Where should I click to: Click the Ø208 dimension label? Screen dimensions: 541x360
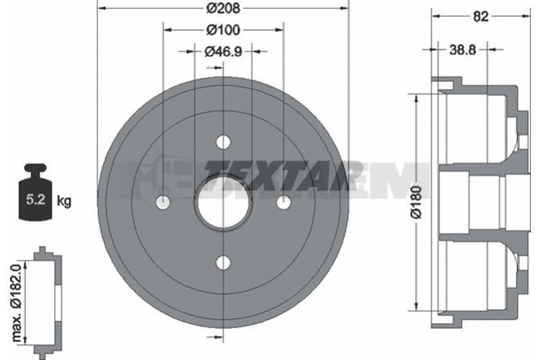click(223, 7)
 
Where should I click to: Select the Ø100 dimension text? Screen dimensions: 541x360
click(223, 30)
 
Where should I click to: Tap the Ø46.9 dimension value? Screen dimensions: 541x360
click(223, 52)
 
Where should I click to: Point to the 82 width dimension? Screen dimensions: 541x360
click(481, 16)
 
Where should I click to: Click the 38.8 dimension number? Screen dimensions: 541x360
click(463, 50)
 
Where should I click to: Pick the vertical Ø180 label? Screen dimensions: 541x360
click(417, 202)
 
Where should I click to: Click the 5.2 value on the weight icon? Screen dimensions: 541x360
click(36, 199)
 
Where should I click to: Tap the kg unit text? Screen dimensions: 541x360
click(64, 200)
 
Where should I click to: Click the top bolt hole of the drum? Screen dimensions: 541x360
click(223, 142)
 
